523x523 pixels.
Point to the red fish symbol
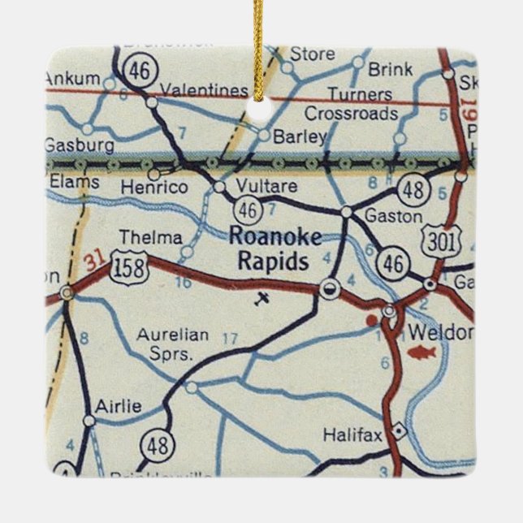click(x=424, y=353)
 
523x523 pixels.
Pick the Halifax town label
click(x=352, y=435)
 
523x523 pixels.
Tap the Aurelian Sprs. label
click(x=173, y=344)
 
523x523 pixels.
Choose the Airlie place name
click(x=119, y=406)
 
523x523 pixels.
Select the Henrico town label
click(x=154, y=187)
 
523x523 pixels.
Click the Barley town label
click(x=300, y=136)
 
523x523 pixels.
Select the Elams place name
click(x=74, y=183)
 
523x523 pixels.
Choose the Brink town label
click(x=390, y=69)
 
